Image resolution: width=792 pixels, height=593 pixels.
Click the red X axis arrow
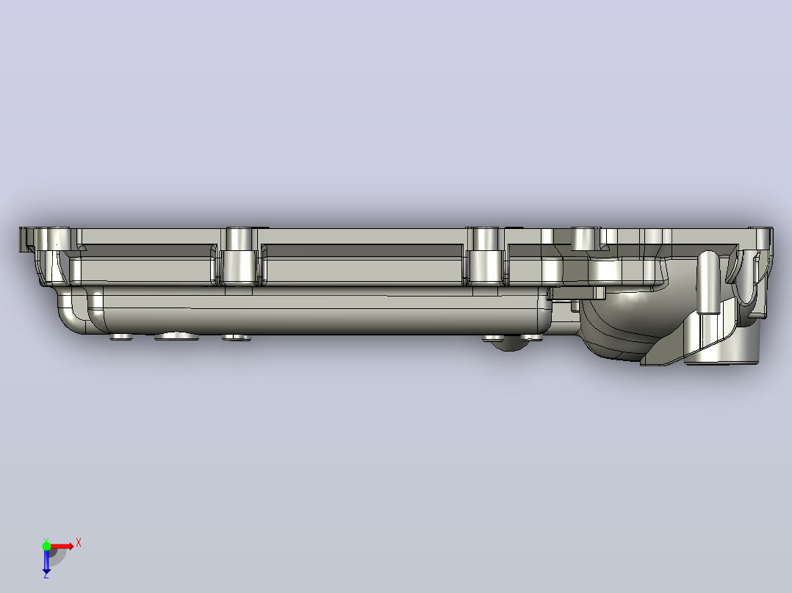point(61,546)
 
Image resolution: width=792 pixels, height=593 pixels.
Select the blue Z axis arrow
point(46,560)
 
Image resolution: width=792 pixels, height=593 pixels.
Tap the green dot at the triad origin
point(46,546)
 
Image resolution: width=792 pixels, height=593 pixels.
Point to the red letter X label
point(79,543)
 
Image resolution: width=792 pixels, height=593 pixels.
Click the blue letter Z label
point(46,575)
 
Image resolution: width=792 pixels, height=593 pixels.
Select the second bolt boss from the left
point(239,256)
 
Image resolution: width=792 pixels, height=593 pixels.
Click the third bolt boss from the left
point(485,256)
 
